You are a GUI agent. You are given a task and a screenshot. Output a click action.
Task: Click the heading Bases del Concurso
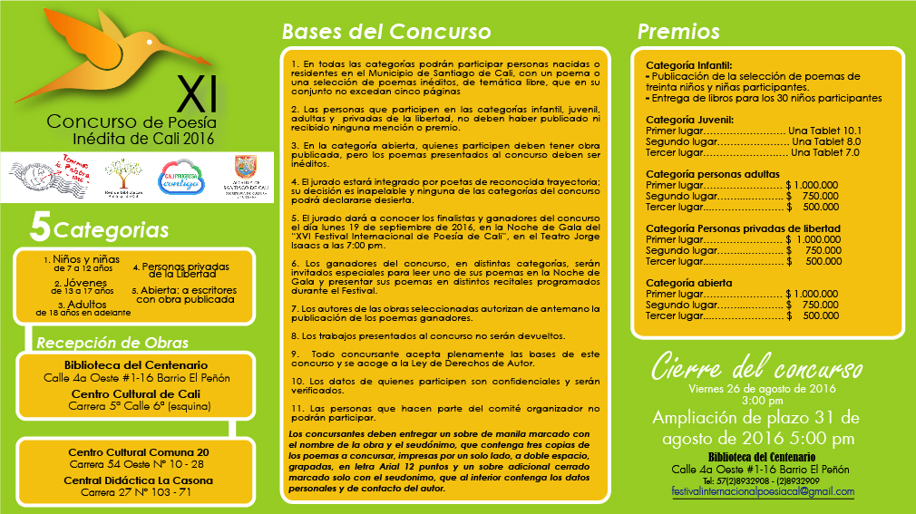(386, 32)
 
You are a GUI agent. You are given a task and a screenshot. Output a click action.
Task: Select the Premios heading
(678, 32)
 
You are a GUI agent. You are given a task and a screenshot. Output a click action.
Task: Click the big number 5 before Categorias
(39, 228)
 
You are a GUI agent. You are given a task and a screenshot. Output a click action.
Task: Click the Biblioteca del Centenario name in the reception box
(136, 364)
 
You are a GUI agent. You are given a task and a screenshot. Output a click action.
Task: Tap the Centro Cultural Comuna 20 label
(139, 451)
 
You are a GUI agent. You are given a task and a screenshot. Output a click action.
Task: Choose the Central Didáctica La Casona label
(139, 480)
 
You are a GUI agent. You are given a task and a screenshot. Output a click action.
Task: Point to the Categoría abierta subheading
(688, 283)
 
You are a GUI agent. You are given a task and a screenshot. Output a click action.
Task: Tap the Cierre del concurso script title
(756, 369)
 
